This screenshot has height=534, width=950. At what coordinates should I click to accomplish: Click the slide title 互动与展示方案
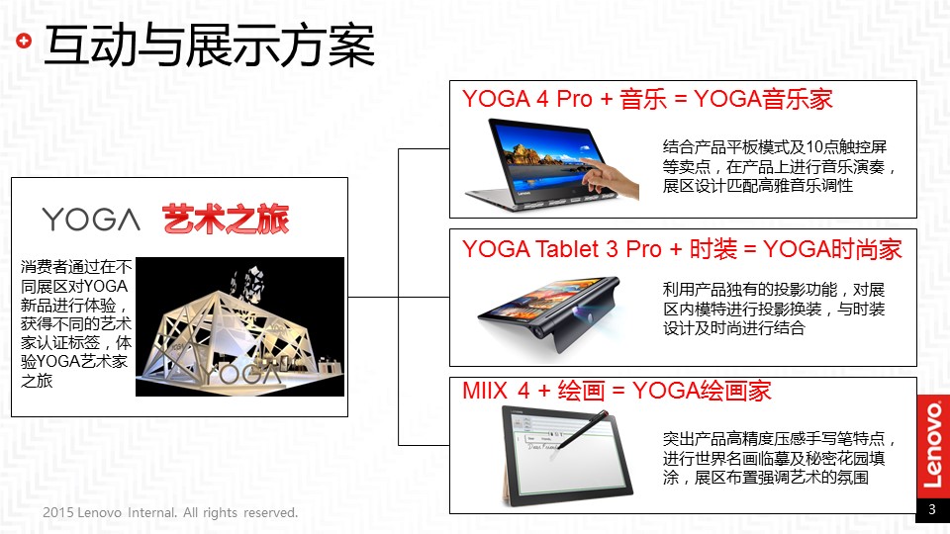click(x=210, y=45)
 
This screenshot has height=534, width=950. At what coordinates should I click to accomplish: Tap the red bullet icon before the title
click(x=24, y=41)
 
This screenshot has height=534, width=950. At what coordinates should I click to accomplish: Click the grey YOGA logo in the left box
click(x=91, y=220)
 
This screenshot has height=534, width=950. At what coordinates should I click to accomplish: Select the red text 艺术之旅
click(x=226, y=220)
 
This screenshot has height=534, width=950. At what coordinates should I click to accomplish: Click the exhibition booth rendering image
click(x=239, y=327)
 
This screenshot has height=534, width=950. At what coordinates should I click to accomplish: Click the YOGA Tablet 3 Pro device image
click(x=549, y=313)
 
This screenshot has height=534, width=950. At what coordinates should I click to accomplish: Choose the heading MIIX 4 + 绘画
click(x=533, y=391)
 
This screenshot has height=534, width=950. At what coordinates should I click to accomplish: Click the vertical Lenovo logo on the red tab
click(x=933, y=445)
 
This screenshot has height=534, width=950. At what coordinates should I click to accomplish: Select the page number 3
click(x=932, y=510)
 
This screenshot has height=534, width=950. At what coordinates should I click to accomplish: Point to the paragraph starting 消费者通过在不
click(x=76, y=323)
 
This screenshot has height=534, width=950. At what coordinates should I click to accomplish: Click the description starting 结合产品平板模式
click(x=779, y=166)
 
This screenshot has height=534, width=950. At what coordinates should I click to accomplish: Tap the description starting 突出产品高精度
click(x=779, y=458)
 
